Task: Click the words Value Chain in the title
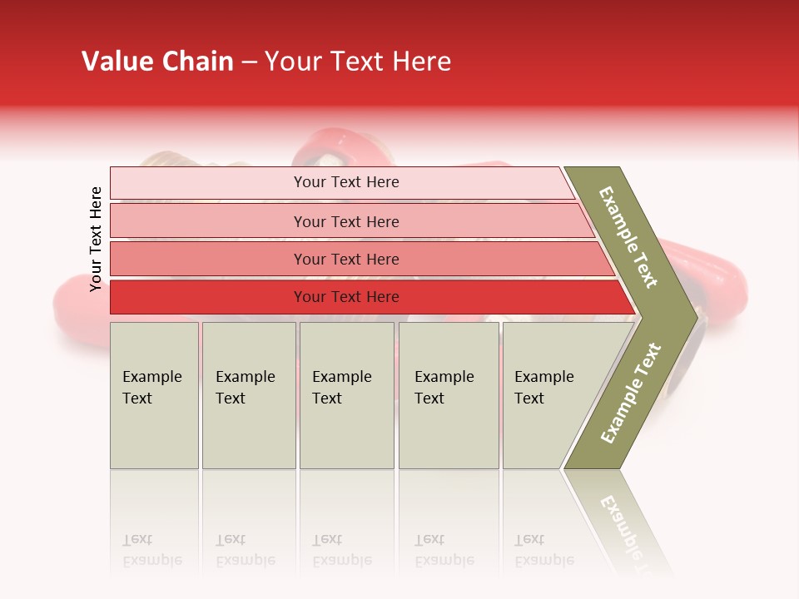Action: coord(157,62)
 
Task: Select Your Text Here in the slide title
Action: coord(358,62)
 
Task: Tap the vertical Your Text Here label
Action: coord(96,239)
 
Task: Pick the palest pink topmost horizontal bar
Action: coord(345,182)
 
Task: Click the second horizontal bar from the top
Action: coord(345,221)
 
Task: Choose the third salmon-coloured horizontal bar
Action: coord(345,259)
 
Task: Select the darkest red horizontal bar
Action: coord(345,297)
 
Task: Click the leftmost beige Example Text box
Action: coord(154,395)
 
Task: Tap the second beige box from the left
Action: coord(249,395)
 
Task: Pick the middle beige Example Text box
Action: coord(346,395)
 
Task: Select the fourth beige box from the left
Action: coord(449,395)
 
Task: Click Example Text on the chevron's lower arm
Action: coord(631,394)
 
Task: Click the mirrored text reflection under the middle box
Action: coord(341,550)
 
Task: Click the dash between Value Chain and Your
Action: coord(249,62)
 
